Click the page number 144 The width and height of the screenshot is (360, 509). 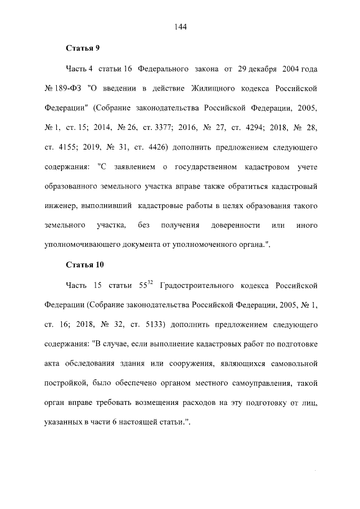[x=180, y=26]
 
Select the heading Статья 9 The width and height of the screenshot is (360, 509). [x=82, y=48]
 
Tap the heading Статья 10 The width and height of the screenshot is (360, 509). [x=84, y=264]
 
